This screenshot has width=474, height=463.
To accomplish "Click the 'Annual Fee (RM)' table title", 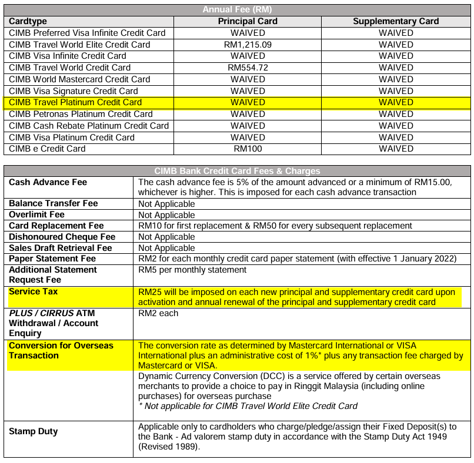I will pos(237,9).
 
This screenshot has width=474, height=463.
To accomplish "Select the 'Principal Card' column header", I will pos(248,21).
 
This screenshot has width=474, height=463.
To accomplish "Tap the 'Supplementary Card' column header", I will pos(396,21).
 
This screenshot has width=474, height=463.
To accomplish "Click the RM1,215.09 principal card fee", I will pos(248,45).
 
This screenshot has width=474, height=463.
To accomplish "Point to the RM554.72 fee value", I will pos(248,68).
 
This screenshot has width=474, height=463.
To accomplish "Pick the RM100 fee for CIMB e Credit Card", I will pos(248,149).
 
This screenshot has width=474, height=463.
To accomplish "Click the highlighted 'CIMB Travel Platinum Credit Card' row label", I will pos(75,102).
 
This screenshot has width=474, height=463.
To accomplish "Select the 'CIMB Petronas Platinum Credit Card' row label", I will pos(81,114).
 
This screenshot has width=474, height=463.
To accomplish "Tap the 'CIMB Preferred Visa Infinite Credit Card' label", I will pos(87,33).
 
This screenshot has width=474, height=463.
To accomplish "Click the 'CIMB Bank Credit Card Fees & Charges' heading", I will pos(237,171).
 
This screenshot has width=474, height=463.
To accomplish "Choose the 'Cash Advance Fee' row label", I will pos(48,182).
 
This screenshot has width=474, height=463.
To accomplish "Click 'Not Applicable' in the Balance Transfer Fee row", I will pos(166,204).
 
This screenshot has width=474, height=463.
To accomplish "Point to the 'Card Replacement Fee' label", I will pos(56,226).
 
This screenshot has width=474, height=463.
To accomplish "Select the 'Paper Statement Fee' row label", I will pos(52,259).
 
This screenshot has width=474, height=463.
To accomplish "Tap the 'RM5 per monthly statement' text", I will pos(192,270).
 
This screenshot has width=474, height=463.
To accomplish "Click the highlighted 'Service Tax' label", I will pos(33,291).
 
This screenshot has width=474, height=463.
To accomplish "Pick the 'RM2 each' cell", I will pos(158,313).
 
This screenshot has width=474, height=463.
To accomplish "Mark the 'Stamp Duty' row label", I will pos(33,431).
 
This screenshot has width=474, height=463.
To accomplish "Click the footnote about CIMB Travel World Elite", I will pos(248,405).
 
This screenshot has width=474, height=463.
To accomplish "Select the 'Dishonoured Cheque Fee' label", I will pos(62,237).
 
